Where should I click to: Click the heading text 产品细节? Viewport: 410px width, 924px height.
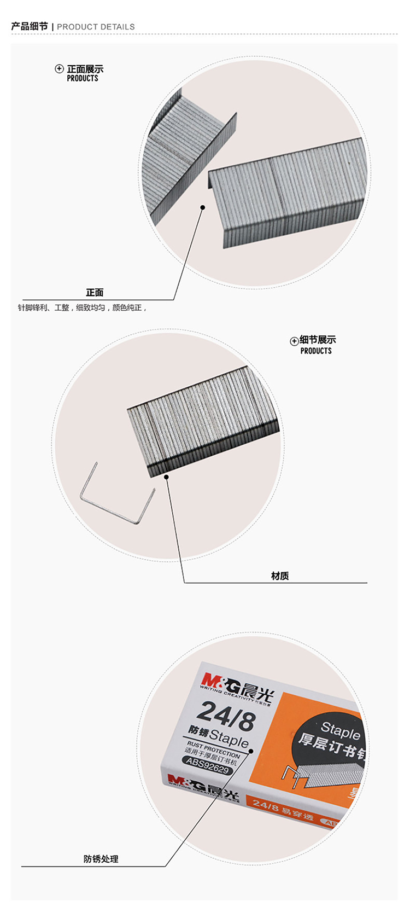click(x=30, y=26)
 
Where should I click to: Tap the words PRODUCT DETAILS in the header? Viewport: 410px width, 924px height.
click(x=96, y=27)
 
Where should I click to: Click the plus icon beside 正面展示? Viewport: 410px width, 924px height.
click(x=60, y=69)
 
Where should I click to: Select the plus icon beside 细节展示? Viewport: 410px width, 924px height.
click(x=294, y=341)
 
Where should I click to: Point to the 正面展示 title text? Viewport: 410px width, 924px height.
click(x=85, y=69)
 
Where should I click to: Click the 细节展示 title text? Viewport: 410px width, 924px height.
click(x=318, y=340)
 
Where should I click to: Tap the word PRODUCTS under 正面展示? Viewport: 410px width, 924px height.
click(x=83, y=79)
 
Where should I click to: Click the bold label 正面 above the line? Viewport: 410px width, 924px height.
click(x=95, y=293)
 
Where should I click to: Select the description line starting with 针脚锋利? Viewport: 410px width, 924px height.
click(x=83, y=308)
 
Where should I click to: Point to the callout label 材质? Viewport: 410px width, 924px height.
click(x=280, y=576)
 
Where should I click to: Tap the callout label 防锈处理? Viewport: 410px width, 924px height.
click(x=101, y=859)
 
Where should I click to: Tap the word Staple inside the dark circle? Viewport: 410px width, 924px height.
click(x=340, y=730)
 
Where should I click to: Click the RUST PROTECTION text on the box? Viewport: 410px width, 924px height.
click(x=213, y=750)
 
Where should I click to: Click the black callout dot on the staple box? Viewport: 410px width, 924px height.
click(x=252, y=751)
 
